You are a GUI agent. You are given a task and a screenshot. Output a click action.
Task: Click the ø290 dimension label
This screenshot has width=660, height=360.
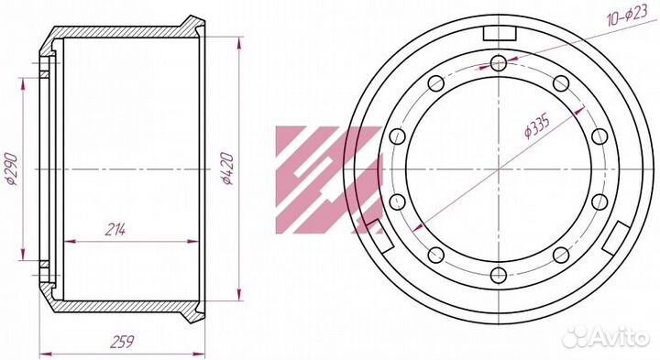click(x=11, y=169)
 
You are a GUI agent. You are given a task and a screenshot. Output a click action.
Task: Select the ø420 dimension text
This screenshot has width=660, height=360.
click(x=227, y=169)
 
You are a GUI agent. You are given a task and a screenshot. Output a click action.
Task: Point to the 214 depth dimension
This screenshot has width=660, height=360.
click(x=115, y=230)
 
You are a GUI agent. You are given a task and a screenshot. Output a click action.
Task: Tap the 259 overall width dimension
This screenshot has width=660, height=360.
click(x=122, y=341)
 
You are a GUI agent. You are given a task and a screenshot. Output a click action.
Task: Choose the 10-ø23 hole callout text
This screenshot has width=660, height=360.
click(x=627, y=16)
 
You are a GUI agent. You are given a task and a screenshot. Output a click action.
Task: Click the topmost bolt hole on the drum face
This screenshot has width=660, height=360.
click(x=499, y=63)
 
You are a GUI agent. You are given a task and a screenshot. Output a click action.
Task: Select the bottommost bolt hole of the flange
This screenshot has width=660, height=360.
click(x=499, y=275)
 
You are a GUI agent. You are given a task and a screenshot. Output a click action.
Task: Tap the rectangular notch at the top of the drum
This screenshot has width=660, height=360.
click(x=500, y=34)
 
